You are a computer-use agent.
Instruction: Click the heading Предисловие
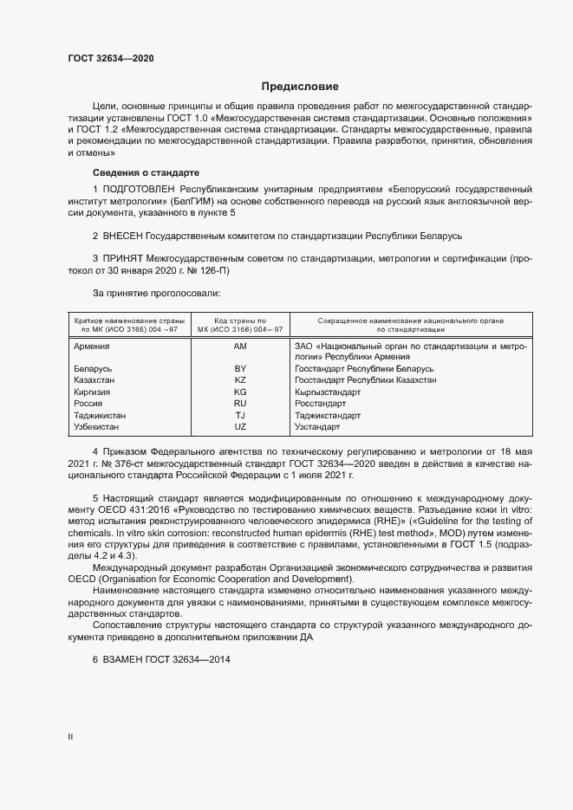point(300,87)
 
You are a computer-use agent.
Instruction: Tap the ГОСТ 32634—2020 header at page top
point(112,58)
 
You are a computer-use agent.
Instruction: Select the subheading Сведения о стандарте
point(146,172)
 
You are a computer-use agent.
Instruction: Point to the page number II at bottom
point(70,737)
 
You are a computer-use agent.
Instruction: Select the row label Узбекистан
point(96,427)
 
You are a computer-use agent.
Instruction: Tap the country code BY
point(240,369)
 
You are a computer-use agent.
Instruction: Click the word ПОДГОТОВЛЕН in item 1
point(140,189)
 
